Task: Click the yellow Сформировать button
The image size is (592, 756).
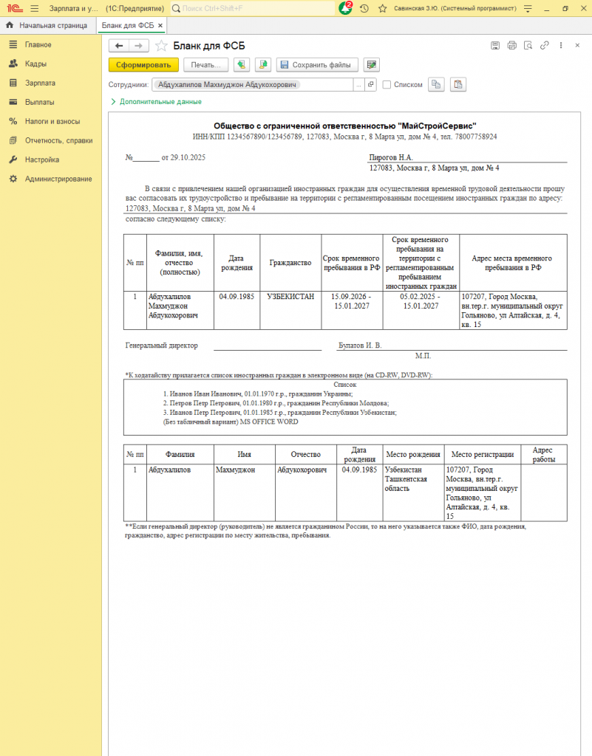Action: point(143,65)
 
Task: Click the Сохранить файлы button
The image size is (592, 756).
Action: point(317,65)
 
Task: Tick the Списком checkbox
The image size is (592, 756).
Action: point(387,84)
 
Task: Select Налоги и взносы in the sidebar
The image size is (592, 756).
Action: point(52,121)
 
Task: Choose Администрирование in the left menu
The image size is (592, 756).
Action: point(58,179)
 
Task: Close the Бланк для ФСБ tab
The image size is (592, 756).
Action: point(160,25)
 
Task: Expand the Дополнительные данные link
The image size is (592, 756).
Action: point(160,101)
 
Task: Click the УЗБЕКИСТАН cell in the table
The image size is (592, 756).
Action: point(290,296)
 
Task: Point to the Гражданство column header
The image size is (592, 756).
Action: point(290,263)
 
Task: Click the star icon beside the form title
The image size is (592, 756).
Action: point(161,46)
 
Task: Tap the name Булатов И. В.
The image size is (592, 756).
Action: point(359,346)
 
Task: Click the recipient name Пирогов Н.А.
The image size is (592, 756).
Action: point(390,157)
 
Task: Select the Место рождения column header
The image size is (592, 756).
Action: point(413,455)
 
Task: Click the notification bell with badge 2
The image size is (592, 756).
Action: point(345,8)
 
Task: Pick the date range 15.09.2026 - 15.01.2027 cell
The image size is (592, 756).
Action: point(352,300)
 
